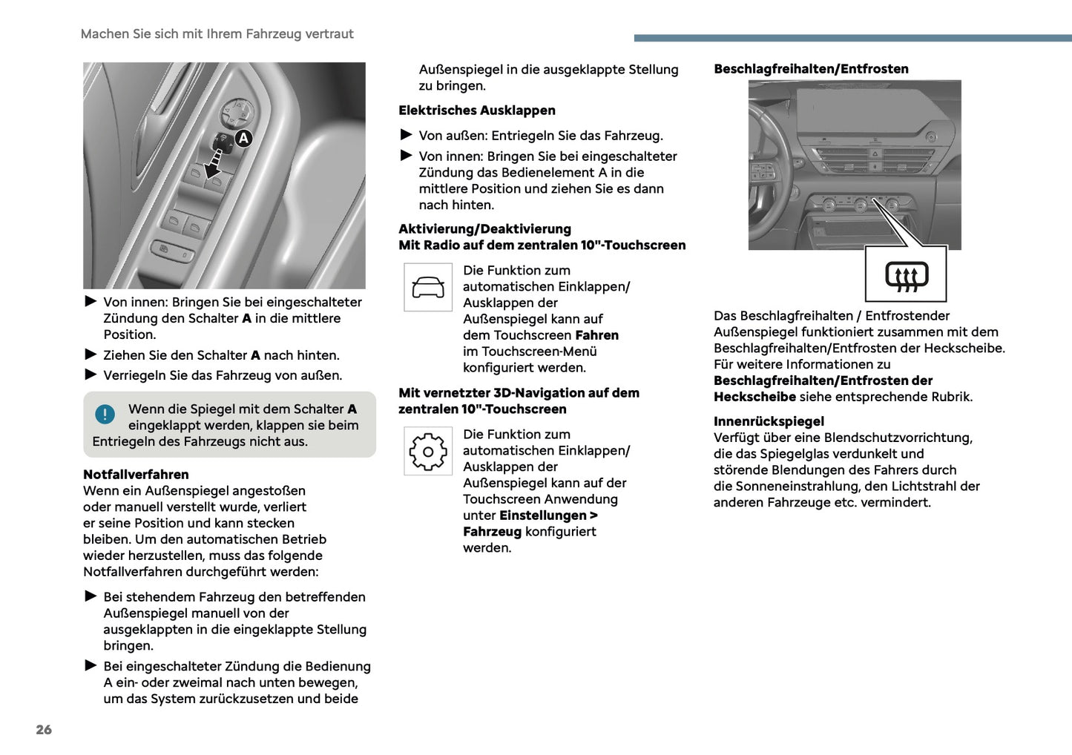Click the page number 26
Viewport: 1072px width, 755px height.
pyautogui.click(x=44, y=730)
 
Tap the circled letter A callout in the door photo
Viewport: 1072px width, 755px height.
pyautogui.click(x=243, y=138)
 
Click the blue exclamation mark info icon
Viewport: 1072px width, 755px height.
pyautogui.click(x=105, y=414)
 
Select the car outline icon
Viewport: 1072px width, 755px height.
pyautogui.click(x=428, y=287)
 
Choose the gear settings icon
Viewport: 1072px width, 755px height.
pyautogui.click(x=428, y=451)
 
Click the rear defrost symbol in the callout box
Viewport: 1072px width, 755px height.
pyautogui.click(x=906, y=275)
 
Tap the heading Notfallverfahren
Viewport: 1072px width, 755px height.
pyautogui.click(x=136, y=475)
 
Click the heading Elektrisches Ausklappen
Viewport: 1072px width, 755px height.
pyautogui.click(x=476, y=111)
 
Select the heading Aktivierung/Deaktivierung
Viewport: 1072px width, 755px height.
pyautogui.click(x=484, y=229)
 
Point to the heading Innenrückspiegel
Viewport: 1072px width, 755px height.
pyautogui.click(x=769, y=421)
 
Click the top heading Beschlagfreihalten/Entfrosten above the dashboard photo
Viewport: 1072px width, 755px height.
pyautogui.click(x=811, y=69)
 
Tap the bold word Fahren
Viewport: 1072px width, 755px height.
pyautogui.click(x=596, y=335)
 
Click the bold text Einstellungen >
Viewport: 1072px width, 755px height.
pyautogui.click(x=548, y=515)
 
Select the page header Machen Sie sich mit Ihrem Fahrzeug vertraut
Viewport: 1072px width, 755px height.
pyautogui.click(x=217, y=34)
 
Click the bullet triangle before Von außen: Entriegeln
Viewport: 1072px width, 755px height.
pyautogui.click(x=406, y=135)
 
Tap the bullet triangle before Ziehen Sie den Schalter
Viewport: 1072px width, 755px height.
pyautogui.click(x=91, y=355)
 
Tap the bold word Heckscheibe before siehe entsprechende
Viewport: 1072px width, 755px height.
pyautogui.click(x=754, y=397)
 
